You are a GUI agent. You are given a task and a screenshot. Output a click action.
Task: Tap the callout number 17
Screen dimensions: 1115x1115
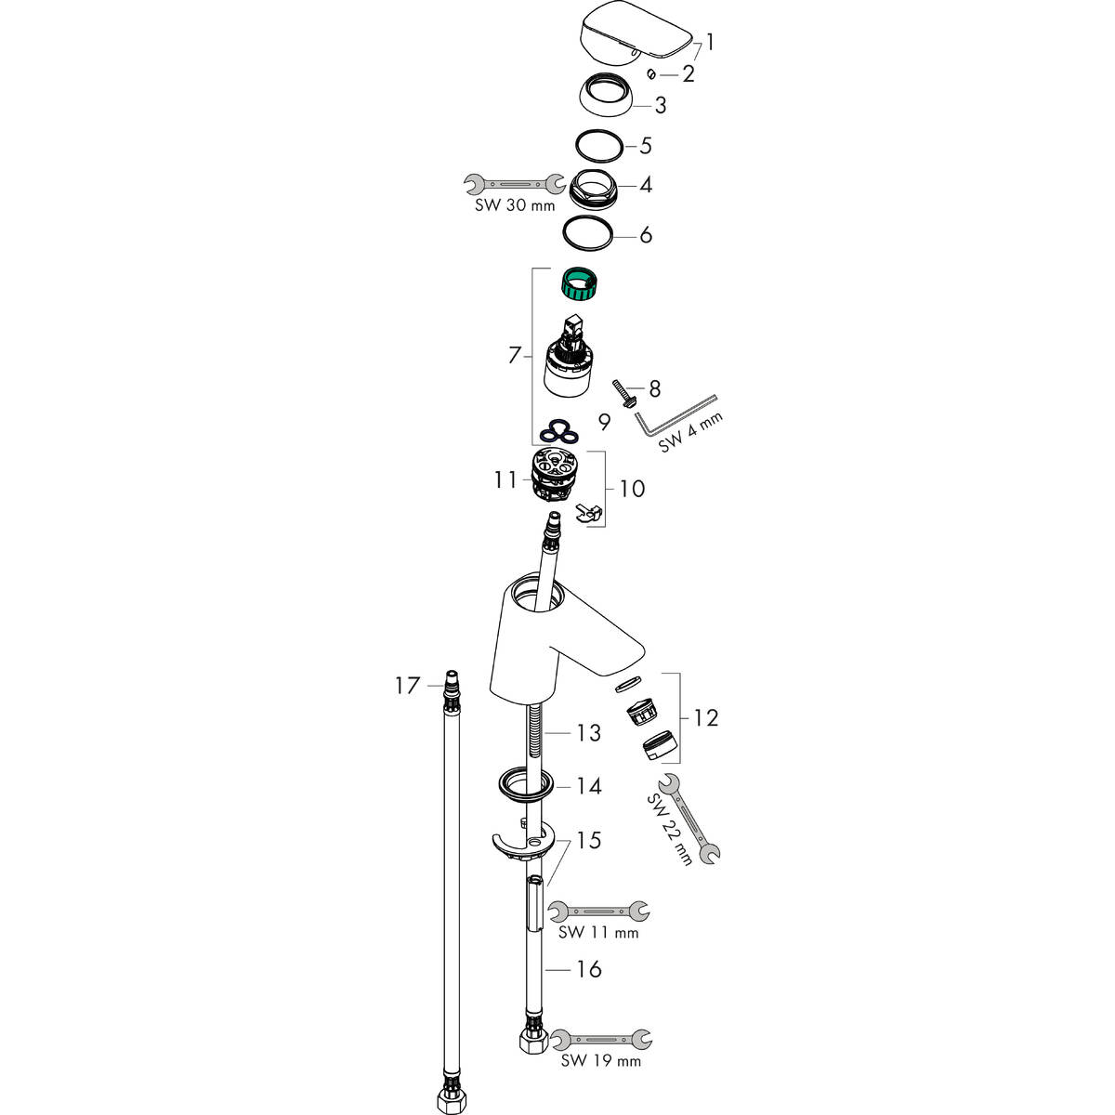pos(407,686)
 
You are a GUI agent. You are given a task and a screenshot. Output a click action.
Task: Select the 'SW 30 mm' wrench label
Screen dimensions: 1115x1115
pos(515,204)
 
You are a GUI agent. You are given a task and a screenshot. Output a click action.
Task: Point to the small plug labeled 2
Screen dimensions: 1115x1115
pos(651,73)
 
